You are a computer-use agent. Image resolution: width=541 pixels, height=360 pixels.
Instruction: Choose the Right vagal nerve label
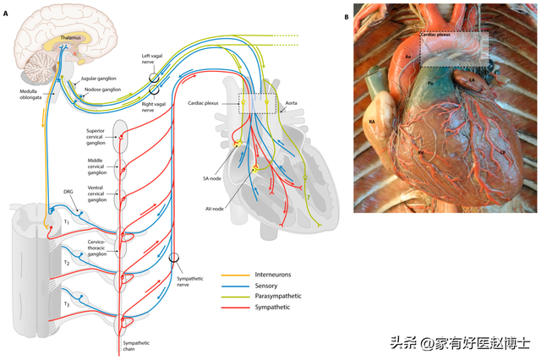153,106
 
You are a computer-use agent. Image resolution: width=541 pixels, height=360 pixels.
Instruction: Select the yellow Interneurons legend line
238,275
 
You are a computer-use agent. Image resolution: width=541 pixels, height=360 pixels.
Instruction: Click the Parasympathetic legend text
278,297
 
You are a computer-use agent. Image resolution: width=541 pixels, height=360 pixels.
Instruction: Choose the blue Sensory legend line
238,286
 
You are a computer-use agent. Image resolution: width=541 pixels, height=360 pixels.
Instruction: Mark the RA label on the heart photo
371,122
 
